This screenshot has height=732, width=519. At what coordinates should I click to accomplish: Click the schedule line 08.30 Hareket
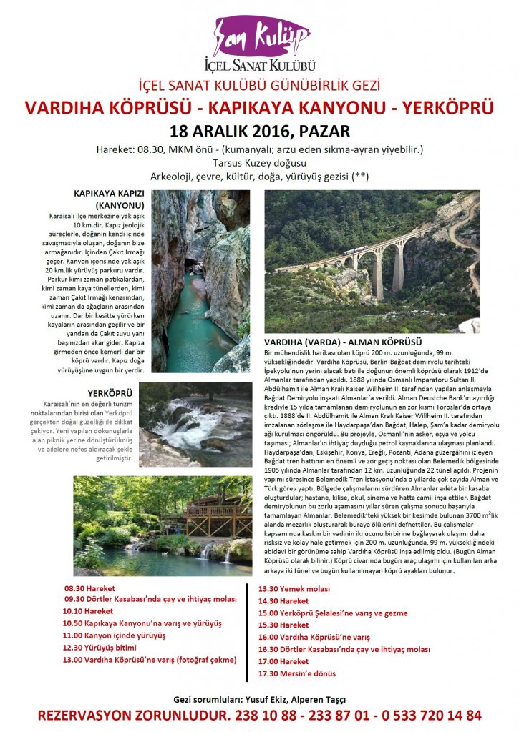coord(89,590)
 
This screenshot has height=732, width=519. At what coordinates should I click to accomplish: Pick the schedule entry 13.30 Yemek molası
coord(294,589)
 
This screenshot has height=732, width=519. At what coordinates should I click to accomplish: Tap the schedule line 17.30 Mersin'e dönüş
coord(297,673)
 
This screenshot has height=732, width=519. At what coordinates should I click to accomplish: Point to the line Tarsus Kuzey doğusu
coord(259,162)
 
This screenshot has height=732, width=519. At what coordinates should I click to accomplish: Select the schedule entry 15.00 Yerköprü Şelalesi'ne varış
coord(333,613)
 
